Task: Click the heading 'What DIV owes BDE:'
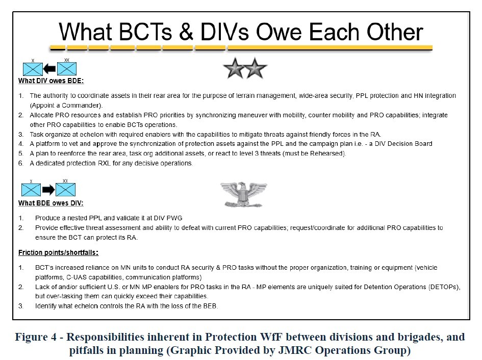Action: [x=50, y=81]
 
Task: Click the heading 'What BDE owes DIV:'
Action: [x=50, y=203]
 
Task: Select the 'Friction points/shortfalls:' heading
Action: [x=59, y=253]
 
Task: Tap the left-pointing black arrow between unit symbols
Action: [x=49, y=69]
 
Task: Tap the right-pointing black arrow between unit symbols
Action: [x=48, y=190]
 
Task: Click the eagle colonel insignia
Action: [x=243, y=194]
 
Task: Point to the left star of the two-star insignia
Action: [x=235, y=68]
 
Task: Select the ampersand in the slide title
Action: [x=186, y=32]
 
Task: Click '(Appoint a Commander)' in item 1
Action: [x=66, y=106]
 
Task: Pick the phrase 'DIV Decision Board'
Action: [x=403, y=144]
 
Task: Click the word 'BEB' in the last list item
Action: [x=210, y=306]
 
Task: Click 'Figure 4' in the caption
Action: [x=36, y=337]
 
